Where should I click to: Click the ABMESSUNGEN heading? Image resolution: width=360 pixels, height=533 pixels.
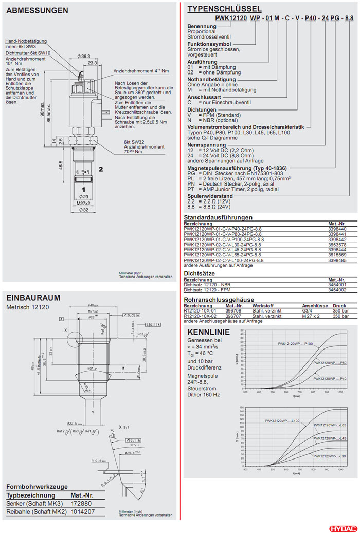(37, 10)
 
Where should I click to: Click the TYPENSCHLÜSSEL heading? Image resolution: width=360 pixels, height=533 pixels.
(224, 9)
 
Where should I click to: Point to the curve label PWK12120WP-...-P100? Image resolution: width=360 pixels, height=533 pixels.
(295, 343)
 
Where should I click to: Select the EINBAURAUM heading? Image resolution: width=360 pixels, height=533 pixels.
(33, 298)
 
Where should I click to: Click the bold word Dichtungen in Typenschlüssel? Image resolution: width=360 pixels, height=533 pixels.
(199, 109)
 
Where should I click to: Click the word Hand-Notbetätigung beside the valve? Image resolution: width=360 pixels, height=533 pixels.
(26, 41)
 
